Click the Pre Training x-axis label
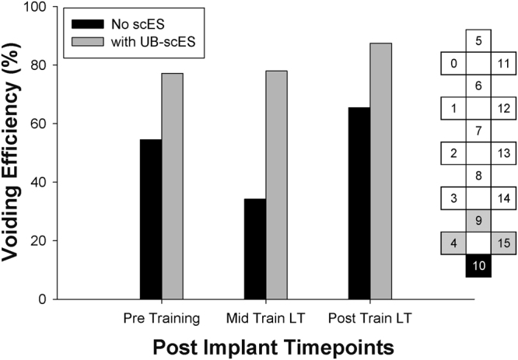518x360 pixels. [161, 318]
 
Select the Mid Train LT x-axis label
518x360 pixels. [265, 318]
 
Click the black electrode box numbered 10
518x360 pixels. [478, 266]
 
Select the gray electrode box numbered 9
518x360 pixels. [478, 221]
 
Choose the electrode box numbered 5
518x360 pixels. [478, 40]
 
